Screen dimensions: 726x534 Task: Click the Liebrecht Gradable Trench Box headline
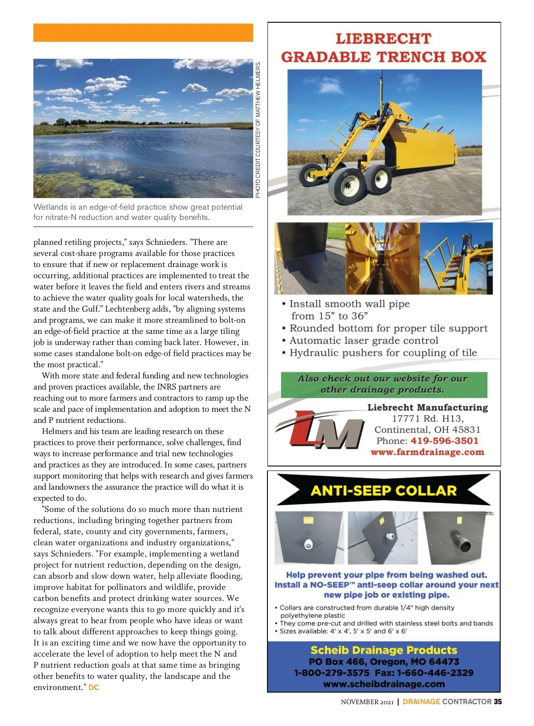pyautogui.click(x=384, y=48)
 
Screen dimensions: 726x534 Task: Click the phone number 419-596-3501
pyautogui.click(x=444, y=441)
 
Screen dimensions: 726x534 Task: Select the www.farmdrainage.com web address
pyautogui.click(x=427, y=452)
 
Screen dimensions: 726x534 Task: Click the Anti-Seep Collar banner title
pyautogui.click(x=384, y=491)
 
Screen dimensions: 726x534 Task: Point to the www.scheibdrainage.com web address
pyautogui.click(x=384, y=684)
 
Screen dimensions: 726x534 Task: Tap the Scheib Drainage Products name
pyautogui.click(x=384, y=650)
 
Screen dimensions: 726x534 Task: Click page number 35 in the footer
pyautogui.click(x=498, y=702)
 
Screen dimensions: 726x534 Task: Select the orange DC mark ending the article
pyautogui.click(x=94, y=687)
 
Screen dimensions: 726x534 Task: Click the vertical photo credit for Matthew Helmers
pyautogui.click(x=258, y=129)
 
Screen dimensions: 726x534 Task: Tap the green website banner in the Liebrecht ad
pyautogui.click(x=384, y=384)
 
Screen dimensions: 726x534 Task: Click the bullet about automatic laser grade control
pyautogui.click(x=364, y=341)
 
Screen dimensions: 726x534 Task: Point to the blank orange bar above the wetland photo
pyautogui.click(x=143, y=32)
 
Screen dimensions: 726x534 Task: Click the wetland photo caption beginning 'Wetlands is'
pyautogui.click(x=138, y=212)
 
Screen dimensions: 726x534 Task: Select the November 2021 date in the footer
pyautogui.click(x=367, y=702)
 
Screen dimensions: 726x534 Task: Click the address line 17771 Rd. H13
pyautogui.click(x=428, y=418)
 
